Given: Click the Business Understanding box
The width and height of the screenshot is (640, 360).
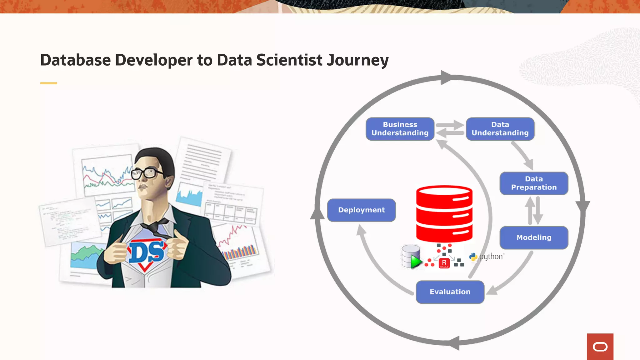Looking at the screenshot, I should coord(400,129).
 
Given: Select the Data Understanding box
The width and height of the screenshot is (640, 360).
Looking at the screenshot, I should coord(500,129).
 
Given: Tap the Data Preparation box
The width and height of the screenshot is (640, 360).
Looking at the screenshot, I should coord(534,183).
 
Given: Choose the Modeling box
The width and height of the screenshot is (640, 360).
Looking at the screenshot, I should coord(534,237).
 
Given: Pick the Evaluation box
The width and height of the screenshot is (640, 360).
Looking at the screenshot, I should coord(450,292).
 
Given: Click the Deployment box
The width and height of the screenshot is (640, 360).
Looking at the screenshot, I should coord(361,210).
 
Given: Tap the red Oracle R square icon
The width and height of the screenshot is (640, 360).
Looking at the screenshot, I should coord(444,263).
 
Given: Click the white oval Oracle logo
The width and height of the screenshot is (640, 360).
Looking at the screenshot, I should coord(600,347).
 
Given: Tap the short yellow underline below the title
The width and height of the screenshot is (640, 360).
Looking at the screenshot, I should coord(48,83).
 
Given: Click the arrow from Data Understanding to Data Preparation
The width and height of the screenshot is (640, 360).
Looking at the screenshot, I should coord(522,156).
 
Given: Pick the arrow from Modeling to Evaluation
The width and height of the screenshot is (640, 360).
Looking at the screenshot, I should coord(512,275).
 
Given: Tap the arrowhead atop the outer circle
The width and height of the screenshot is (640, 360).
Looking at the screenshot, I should coord(446,77).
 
